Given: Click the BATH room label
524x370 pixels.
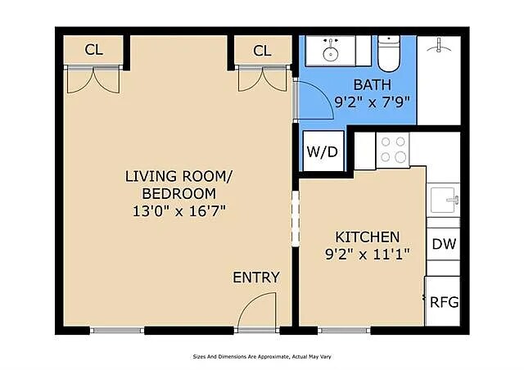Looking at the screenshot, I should tap(372, 84).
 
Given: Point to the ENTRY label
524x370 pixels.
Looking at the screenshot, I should tap(256, 277).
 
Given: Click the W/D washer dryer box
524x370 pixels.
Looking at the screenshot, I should tap(322, 151).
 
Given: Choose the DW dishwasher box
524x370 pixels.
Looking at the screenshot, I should tap(444, 244).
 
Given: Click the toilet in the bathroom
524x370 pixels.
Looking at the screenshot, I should tap(388, 51).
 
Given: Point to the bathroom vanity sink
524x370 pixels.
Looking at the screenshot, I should tap(332, 51).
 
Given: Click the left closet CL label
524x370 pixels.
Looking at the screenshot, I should tap(94, 51).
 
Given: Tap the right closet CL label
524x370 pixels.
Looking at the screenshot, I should tap(262, 51).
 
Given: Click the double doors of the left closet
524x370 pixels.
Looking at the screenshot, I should tap(94, 79).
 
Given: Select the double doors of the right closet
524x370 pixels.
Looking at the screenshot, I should tap(262, 79).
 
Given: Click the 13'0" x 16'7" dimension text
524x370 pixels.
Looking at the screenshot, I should tap(179, 210).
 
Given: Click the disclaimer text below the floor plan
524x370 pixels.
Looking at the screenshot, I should tap(262, 357).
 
